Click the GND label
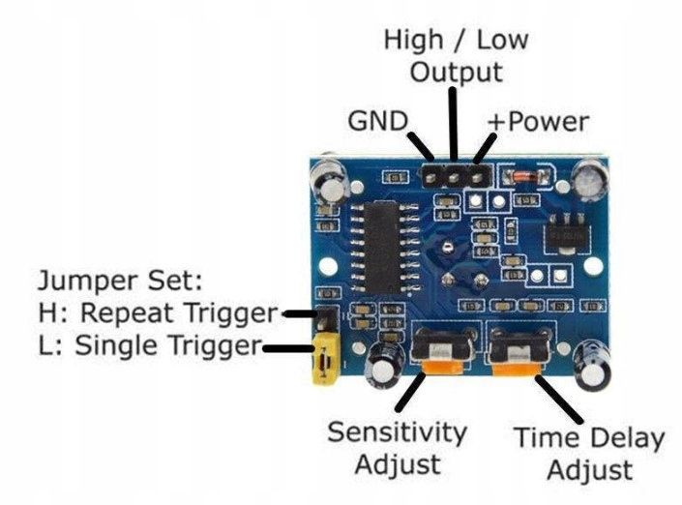pos(377,122)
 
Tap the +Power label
pos(537,122)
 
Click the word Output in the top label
pos(457,73)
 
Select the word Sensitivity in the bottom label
pos(397,432)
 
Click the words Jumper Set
pos(118,282)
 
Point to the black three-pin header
pos(453,175)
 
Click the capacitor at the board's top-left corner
pos(326,182)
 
